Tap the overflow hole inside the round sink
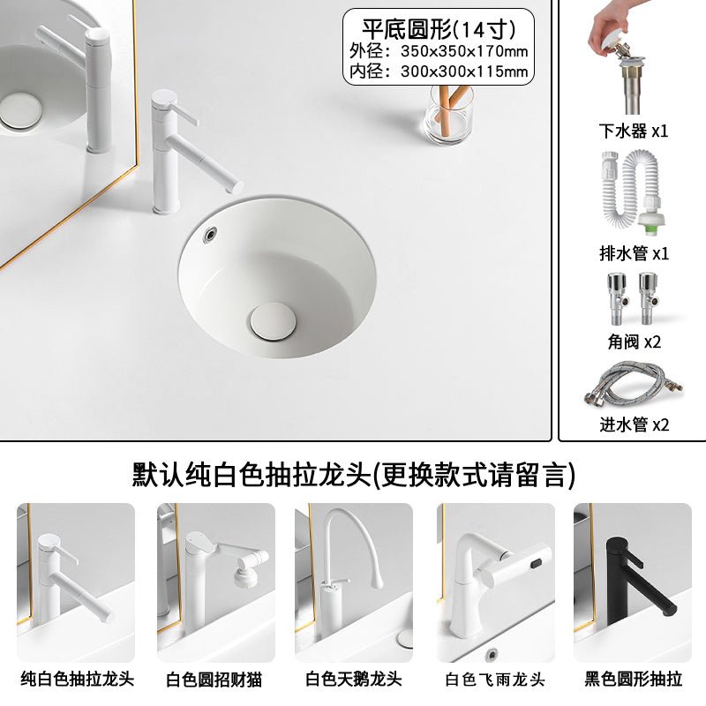(210, 235)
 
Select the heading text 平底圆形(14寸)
(439, 29)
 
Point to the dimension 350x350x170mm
(464, 51)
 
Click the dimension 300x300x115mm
(464, 71)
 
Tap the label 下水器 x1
(634, 131)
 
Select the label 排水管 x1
(634, 253)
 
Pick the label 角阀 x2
(634, 342)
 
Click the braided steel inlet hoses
(634, 383)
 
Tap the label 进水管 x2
(634, 424)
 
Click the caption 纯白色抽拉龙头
(77, 679)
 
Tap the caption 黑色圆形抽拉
(633, 679)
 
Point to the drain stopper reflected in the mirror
(20, 111)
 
